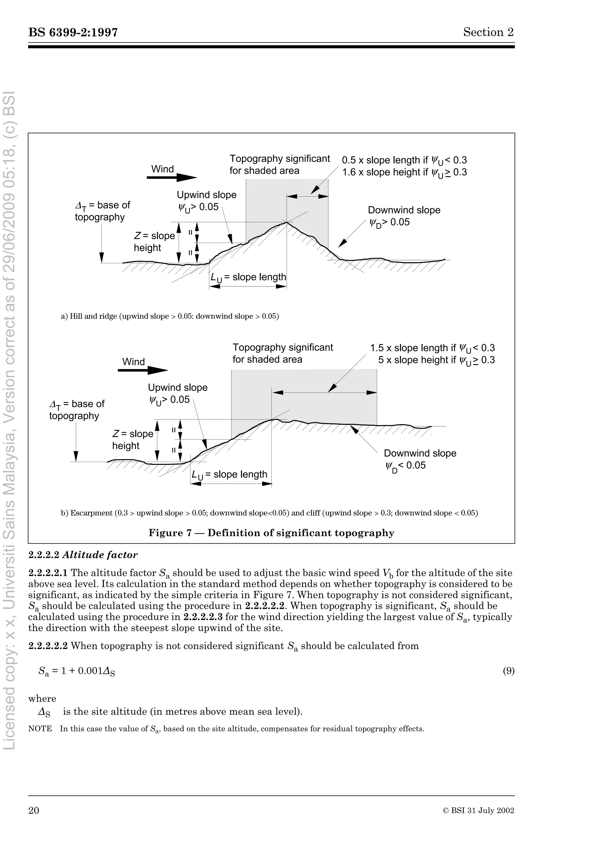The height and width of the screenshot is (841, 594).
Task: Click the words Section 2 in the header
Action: (x=488, y=32)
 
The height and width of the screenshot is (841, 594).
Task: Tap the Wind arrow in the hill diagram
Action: (x=172, y=178)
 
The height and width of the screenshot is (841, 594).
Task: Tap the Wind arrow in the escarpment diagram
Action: (x=143, y=370)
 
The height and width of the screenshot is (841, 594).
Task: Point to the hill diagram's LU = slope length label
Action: (x=248, y=277)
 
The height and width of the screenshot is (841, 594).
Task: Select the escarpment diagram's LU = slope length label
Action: (x=229, y=475)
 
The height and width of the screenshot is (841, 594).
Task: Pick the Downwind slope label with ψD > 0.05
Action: (x=404, y=216)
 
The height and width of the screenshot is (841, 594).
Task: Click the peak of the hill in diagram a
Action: (x=287, y=222)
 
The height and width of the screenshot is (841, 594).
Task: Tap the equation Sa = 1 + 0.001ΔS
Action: (x=77, y=672)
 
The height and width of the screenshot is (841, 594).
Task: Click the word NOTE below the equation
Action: (x=40, y=729)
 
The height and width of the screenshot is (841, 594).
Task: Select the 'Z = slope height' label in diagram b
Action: (x=133, y=440)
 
